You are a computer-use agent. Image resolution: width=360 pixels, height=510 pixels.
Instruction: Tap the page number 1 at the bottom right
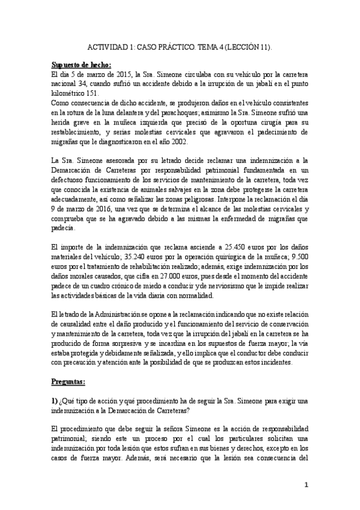tap(306, 485)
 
